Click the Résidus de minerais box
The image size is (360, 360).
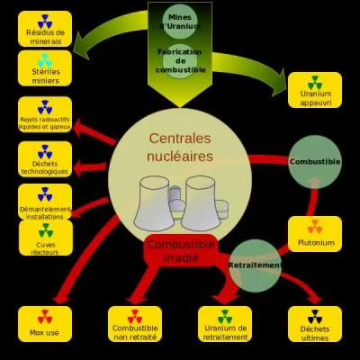click(x=45, y=30)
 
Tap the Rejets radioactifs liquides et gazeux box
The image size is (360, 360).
click(x=45, y=115)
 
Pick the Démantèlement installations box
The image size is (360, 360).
click(x=45, y=202)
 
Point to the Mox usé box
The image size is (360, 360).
click(x=45, y=323)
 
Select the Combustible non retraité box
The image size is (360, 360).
click(x=135, y=323)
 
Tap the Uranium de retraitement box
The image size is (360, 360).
click(x=225, y=323)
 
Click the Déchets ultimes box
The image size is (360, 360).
click(x=314, y=323)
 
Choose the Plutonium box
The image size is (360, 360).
click(x=314, y=233)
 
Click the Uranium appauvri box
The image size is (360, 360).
click(x=314, y=90)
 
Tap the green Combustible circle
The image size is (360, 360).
click(x=314, y=161)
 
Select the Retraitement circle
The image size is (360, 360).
click(x=256, y=265)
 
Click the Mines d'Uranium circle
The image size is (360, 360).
click(x=180, y=21)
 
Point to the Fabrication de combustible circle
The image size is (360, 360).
click(x=180, y=60)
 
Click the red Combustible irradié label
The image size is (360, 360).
click(x=180, y=251)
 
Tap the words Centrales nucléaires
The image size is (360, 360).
click(x=180, y=148)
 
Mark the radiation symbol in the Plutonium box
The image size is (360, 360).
click(x=314, y=226)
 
